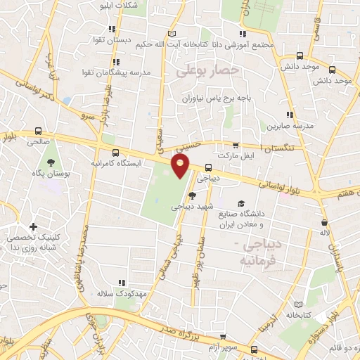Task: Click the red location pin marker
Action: pyautogui.click(x=181, y=166)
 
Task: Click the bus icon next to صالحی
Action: pyautogui.click(x=38, y=131)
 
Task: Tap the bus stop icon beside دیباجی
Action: pyautogui.click(x=208, y=168)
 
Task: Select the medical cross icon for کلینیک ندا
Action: pyautogui.click(x=33, y=227)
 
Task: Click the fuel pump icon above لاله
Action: pyautogui.click(x=324, y=222)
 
